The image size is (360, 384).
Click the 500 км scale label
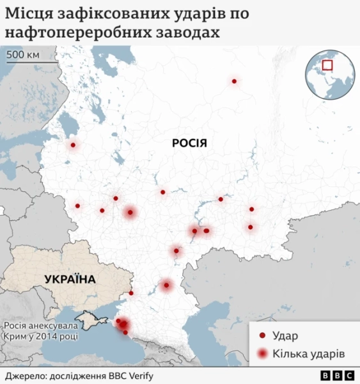tap(24, 54)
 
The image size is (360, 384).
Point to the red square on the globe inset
tap(328, 65)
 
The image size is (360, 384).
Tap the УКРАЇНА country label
tap(70, 279)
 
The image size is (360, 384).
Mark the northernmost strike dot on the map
tap(234, 81)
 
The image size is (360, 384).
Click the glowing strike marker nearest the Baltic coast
tap(73, 145)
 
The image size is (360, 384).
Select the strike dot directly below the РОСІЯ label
tap(163, 192)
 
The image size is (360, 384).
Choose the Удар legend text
tap(286, 335)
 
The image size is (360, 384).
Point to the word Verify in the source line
tap(139, 376)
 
